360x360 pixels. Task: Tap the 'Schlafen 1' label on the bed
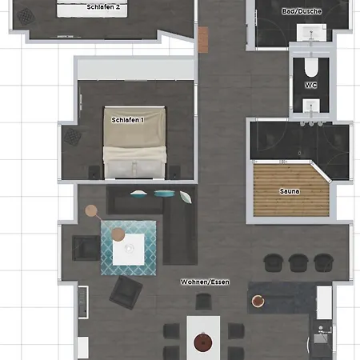click(x=128, y=119)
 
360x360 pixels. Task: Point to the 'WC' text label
click(x=310, y=85)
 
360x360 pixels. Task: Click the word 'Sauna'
click(x=290, y=192)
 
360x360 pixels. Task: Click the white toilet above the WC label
click(x=310, y=66)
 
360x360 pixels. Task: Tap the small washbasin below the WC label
click(x=310, y=104)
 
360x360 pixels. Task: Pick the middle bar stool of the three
click(x=298, y=262)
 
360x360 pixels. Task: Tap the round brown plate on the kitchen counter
click(x=258, y=301)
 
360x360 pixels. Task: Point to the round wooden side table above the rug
click(x=93, y=211)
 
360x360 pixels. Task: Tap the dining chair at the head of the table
click(x=203, y=302)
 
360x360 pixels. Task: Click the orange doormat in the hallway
click(x=203, y=37)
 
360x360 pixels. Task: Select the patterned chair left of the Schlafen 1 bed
click(x=74, y=137)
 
